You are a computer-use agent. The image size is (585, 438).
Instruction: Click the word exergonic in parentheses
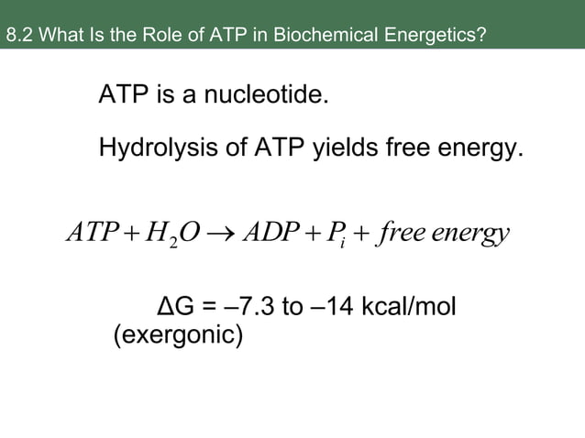178,336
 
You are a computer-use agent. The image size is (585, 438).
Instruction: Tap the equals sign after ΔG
206,305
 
